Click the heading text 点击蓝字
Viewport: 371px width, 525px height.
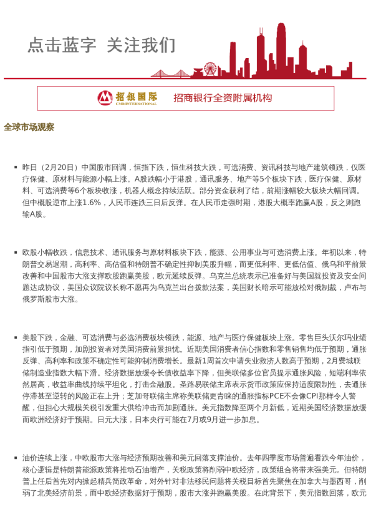click(62, 45)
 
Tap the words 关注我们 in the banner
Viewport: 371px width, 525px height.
click(141, 45)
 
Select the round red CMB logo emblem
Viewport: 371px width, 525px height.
click(105, 97)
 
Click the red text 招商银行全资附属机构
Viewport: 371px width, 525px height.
click(223, 98)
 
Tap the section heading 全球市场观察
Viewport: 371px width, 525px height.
click(29, 127)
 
